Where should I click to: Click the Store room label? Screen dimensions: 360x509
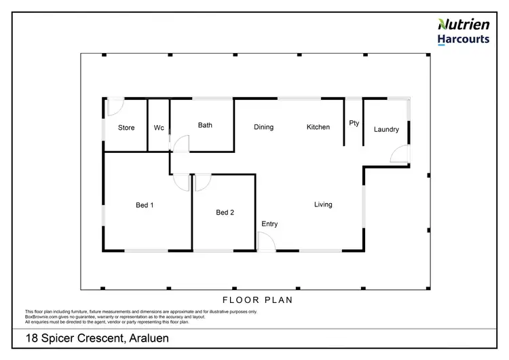click(126, 128)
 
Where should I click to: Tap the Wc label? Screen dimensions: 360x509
click(159, 128)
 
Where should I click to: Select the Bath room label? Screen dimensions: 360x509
click(205, 125)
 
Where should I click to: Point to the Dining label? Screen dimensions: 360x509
click(263, 127)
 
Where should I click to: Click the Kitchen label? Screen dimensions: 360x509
click(318, 127)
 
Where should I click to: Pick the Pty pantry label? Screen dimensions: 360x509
click(354, 123)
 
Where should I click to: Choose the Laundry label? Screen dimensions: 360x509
click(386, 129)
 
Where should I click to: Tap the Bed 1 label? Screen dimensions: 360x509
click(145, 205)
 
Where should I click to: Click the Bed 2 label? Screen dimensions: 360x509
click(225, 213)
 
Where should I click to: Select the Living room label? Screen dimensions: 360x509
click(323, 204)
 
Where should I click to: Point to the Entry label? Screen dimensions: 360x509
click(269, 224)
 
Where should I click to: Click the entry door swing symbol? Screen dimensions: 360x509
click(266, 242)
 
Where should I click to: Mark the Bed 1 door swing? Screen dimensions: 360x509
click(181, 182)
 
